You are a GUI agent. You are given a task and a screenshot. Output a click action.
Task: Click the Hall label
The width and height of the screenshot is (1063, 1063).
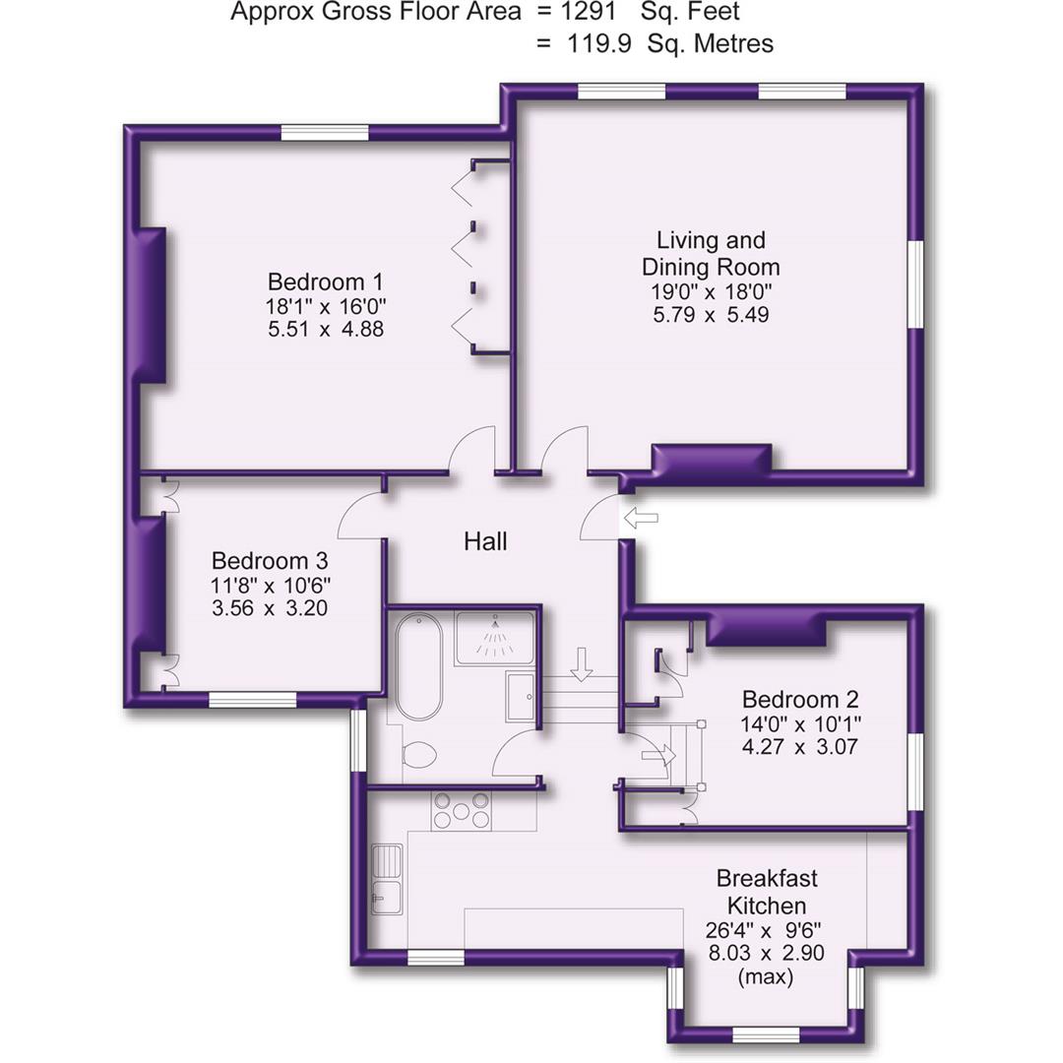(485, 540)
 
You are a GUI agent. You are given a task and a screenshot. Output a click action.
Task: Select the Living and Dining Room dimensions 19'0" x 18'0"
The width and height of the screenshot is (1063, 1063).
(711, 291)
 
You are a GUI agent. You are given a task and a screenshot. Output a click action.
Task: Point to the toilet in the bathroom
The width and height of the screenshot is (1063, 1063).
(420, 755)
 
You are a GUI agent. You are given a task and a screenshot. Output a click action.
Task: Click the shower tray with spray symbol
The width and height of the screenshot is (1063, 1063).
(495, 638)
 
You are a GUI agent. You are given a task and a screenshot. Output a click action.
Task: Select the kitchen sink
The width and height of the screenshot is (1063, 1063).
(386, 879)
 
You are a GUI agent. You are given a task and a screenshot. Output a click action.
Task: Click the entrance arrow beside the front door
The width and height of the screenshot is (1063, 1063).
(641, 519)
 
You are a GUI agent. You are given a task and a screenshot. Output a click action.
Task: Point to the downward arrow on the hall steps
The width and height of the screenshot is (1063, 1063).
(582, 663)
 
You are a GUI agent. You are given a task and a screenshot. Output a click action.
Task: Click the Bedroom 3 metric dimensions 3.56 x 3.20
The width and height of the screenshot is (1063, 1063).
(270, 608)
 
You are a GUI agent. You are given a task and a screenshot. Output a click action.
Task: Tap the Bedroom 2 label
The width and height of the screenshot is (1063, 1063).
(800, 700)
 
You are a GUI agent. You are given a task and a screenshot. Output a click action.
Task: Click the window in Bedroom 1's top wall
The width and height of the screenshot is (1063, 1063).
(325, 133)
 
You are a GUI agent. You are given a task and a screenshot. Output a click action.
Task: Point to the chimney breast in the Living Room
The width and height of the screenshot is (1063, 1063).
(712, 459)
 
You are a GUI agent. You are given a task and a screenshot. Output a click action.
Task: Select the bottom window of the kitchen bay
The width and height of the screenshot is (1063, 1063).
(767, 1033)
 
